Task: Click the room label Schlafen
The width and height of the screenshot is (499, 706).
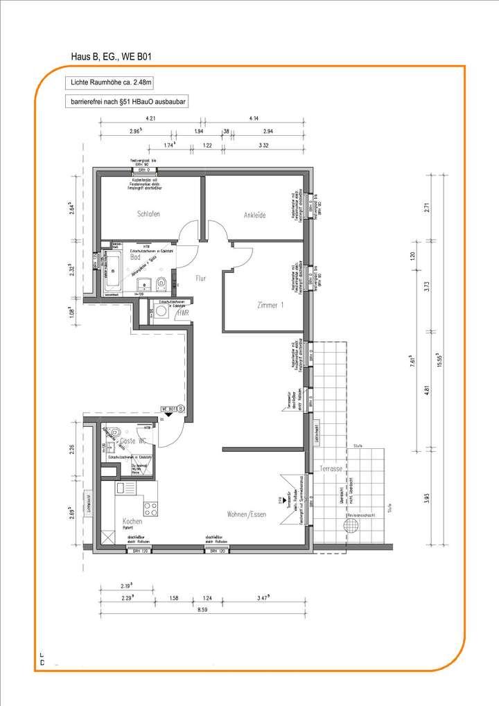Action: pyautogui.click(x=148, y=214)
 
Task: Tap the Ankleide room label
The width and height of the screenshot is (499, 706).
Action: pyautogui.click(x=254, y=215)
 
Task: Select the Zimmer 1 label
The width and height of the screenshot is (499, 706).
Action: pyautogui.click(x=270, y=305)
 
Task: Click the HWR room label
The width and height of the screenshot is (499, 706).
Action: pyautogui.click(x=184, y=313)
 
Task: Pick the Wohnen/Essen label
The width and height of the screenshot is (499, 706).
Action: pyautogui.click(x=246, y=515)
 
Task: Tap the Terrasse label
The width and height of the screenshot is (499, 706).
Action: pyautogui.click(x=331, y=469)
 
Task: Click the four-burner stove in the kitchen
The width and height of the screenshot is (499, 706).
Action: pyautogui.click(x=150, y=506)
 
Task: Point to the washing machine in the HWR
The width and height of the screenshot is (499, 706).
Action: pyautogui.click(x=162, y=313)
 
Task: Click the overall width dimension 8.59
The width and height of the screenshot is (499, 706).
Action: pyautogui.click(x=202, y=609)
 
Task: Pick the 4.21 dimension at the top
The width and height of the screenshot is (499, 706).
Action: pyautogui.click(x=150, y=118)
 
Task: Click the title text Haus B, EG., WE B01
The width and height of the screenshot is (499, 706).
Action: pyautogui.click(x=113, y=55)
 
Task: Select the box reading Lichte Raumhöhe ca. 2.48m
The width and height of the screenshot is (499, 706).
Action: pyautogui.click(x=107, y=82)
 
